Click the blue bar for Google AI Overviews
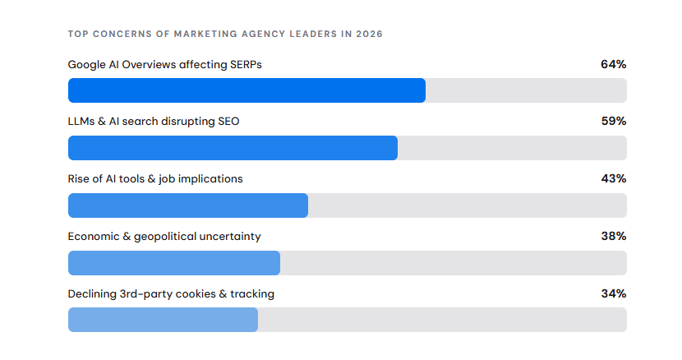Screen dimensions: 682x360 tap(247, 90)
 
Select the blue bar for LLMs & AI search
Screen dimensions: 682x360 tap(233, 148)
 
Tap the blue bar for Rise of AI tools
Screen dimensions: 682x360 tap(188, 205)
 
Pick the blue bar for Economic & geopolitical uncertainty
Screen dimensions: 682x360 tap(174, 263)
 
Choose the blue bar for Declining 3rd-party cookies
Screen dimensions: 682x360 tap(164, 320)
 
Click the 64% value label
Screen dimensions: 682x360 tap(613, 64)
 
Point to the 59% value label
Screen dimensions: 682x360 tap(614, 121)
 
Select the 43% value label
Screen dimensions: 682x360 tap(614, 178)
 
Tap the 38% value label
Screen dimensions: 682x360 tap(614, 236)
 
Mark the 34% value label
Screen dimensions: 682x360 tap(614, 293)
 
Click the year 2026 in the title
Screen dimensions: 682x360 tap(369, 34)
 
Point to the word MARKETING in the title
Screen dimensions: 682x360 tap(205, 34)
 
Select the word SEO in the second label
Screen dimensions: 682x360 tap(228, 121)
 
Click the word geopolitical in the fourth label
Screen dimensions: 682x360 tap(165, 237)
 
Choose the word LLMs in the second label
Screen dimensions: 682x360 tap(81, 121)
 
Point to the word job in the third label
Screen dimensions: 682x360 tap(167, 179)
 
